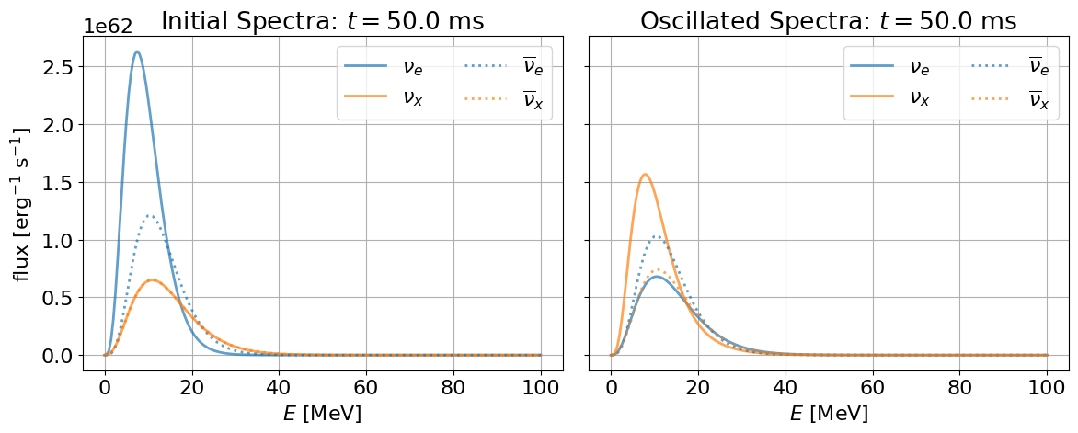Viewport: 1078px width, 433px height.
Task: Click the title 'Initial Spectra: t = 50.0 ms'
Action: coord(322,20)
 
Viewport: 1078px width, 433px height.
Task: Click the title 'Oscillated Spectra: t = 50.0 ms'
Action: coord(828,20)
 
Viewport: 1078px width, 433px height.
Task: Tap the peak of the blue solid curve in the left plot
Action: coord(137,51)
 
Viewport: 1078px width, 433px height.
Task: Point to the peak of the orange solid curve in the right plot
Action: coord(645,174)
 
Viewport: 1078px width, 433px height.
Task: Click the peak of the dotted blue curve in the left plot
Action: coord(148,215)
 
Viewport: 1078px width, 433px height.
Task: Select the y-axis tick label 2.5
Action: coord(59,67)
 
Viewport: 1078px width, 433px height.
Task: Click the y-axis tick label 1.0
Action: coord(59,240)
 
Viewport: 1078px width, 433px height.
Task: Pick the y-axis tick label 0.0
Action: coord(59,356)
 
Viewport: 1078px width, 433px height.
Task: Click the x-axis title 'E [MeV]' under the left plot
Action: coord(322,414)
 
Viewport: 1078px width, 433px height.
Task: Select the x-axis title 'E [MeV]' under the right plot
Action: coord(829,414)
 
